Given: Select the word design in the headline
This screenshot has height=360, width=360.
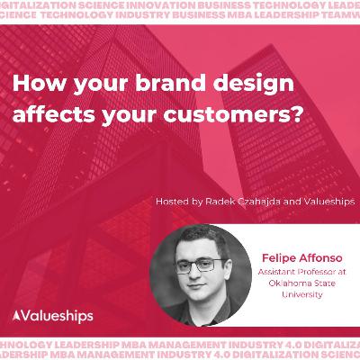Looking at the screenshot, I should (x=213, y=82).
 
